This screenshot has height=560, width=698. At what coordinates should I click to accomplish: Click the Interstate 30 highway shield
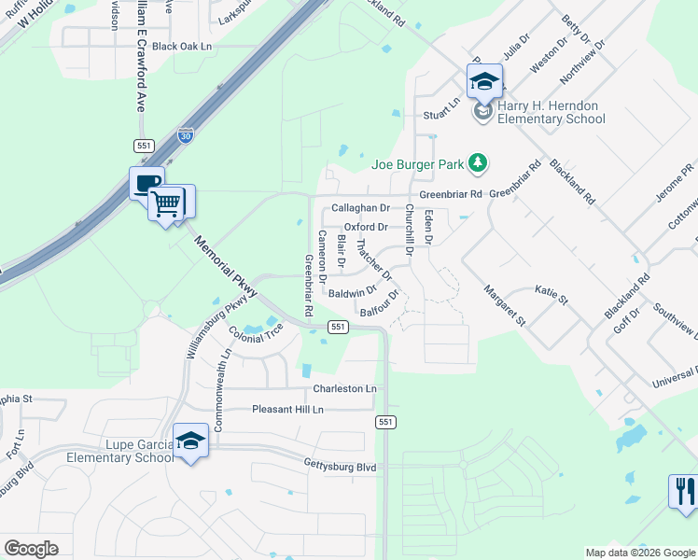click(186, 135)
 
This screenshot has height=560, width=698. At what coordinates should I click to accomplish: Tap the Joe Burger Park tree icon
click(478, 164)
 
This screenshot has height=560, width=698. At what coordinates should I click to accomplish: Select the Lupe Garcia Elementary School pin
click(190, 441)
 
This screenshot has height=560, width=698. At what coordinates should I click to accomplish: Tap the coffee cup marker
click(147, 183)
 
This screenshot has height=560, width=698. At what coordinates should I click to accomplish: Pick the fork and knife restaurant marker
click(684, 491)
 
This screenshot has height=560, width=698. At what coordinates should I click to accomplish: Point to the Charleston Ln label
click(344, 388)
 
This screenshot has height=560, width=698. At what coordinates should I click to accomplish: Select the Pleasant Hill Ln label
click(287, 410)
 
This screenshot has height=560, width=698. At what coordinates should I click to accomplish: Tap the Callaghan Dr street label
click(360, 208)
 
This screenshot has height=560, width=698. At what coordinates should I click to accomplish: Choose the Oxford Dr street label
click(366, 227)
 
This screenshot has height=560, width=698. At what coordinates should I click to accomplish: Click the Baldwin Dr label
click(352, 292)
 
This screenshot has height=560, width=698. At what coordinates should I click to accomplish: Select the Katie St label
click(551, 295)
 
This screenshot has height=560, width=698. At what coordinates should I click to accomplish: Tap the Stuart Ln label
click(441, 112)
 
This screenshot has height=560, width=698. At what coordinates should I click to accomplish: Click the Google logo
click(31, 549)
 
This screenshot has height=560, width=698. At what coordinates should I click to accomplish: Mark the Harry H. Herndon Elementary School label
click(551, 112)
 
